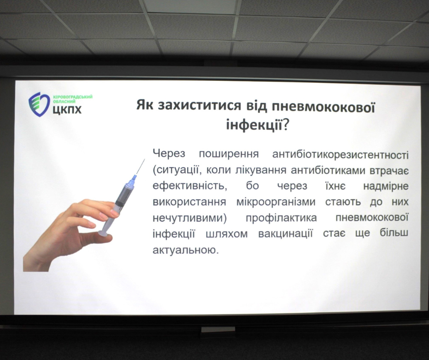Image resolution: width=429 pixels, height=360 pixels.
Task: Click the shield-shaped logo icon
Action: click(x=39, y=104)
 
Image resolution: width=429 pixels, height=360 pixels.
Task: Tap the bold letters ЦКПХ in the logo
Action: click(x=67, y=110)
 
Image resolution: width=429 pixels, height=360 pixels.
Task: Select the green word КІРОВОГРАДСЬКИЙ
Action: click(x=73, y=97)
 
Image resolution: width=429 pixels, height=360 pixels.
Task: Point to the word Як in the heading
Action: click(x=145, y=105)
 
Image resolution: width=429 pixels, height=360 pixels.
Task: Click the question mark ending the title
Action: click(x=285, y=126)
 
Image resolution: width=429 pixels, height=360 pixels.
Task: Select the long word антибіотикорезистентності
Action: click(x=340, y=154)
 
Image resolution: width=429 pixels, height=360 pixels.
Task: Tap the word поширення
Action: click(x=229, y=154)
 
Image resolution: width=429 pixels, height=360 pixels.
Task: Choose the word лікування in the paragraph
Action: click(x=261, y=170)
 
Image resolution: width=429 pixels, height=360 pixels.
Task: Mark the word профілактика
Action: click(x=281, y=218)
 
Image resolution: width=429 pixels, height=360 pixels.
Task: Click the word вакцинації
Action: click(x=285, y=234)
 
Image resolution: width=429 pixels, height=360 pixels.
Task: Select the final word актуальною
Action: click(x=186, y=250)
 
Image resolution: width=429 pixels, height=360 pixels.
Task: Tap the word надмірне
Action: click(x=386, y=186)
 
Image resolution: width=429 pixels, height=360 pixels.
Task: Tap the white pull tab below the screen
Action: click(x=218, y=329)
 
